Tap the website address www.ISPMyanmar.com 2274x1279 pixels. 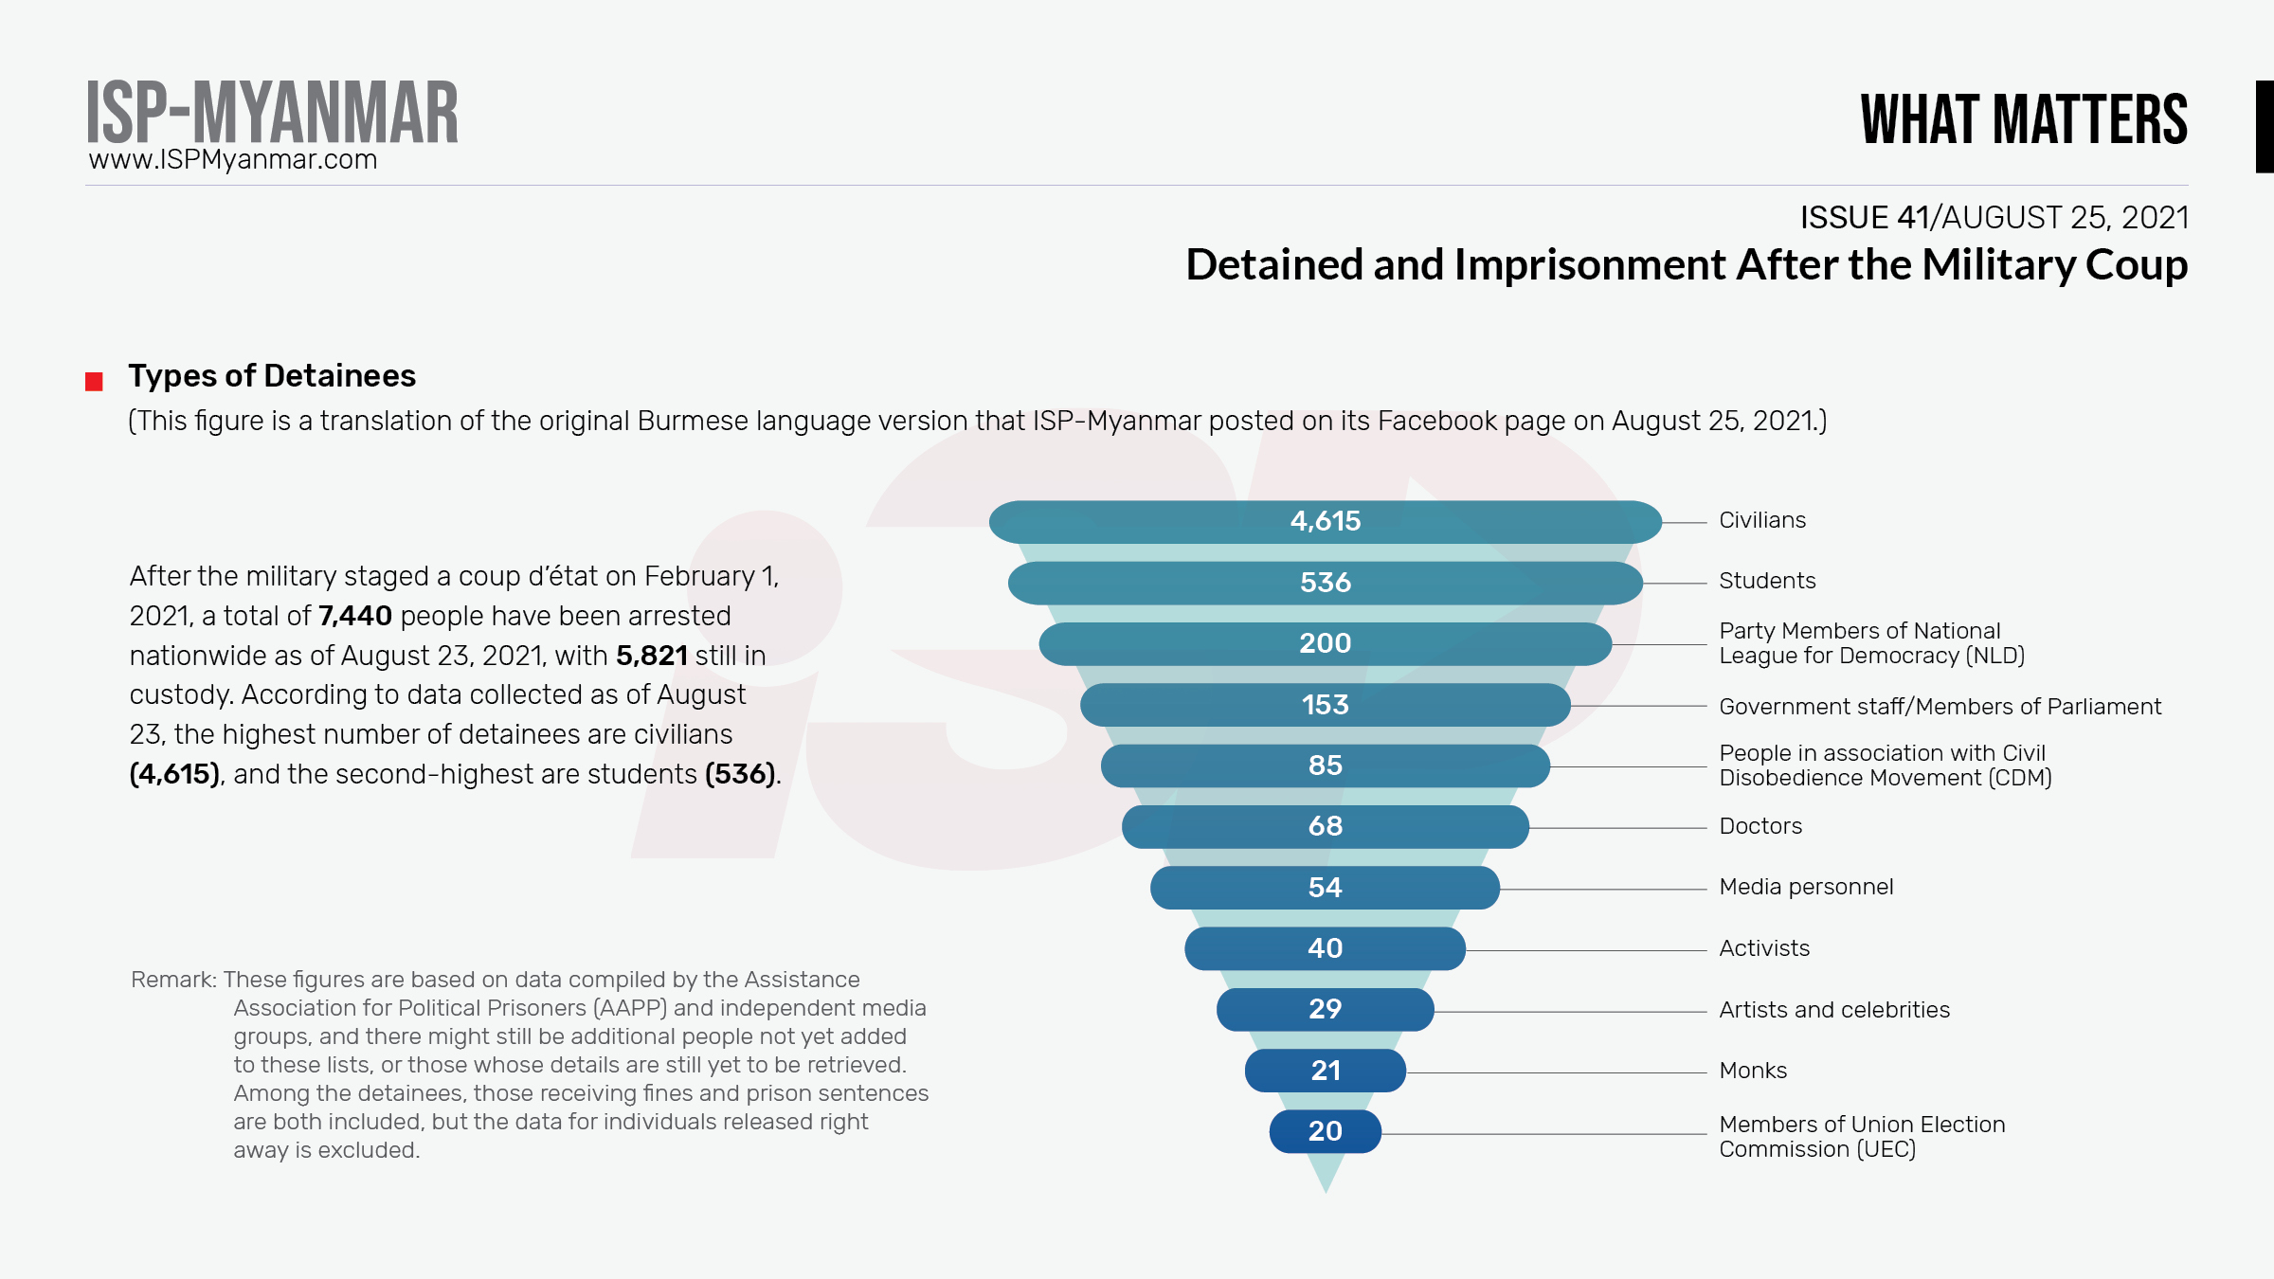pyautogui.click(x=233, y=160)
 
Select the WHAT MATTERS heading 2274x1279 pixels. pyautogui.click(x=2024, y=119)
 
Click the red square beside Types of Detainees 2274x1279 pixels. pyautogui.click(x=94, y=382)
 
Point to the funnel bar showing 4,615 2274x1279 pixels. pyautogui.click(x=1325, y=521)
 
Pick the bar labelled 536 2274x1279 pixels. pyautogui.click(x=1325, y=583)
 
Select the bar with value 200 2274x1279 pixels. pyautogui.click(x=1325, y=643)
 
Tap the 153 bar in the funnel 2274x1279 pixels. pyautogui.click(x=1325, y=705)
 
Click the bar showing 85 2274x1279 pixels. pyautogui.click(x=1325, y=766)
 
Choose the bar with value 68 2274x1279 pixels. pyautogui.click(x=1325, y=826)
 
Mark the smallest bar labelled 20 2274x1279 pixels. pyautogui.click(x=1325, y=1131)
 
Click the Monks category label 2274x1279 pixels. pyautogui.click(x=1753, y=1071)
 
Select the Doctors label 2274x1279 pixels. pyautogui.click(x=1760, y=826)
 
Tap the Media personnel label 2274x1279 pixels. pyautogui.click(x=1806, y=887)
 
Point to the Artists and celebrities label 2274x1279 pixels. pyautogui.click(x=1834, y=1010)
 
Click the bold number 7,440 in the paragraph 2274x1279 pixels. pyautogui.click(x=355, y=616)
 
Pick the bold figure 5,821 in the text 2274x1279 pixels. pyautogui.click(x=652, y=656)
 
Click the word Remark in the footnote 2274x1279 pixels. pyautogui.click(x=173, y=980)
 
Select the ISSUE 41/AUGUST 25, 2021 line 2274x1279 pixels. pyautogui.click(x=1994, y=218)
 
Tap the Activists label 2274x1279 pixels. pyautogui.click(x=1764, y=948)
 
